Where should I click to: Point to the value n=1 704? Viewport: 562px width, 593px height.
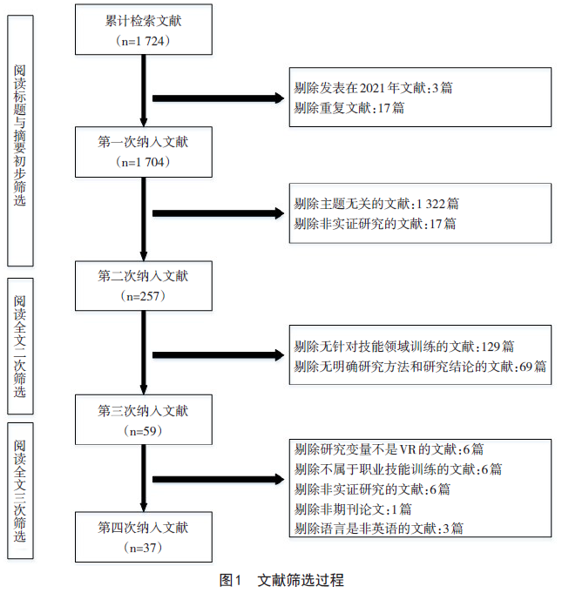[143, 162]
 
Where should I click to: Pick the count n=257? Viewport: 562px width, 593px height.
[143, 297]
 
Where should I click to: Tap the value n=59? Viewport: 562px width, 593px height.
[143, 430]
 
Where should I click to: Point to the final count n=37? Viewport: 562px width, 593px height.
[143, 548]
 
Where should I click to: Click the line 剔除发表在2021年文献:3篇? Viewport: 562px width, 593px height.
[373, 88]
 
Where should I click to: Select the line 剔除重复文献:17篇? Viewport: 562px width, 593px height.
[349, 108]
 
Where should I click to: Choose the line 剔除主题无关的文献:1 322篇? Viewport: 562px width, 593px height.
[376, 203]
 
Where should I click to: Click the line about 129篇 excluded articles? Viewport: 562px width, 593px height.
[403, 346]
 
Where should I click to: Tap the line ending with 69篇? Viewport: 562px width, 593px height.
[420, 366]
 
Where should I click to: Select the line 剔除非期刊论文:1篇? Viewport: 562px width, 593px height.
[353, 509]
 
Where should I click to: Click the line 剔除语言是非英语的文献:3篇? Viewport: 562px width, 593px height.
[379, 528]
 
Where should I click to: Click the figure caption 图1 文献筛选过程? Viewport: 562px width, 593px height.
[281, 579]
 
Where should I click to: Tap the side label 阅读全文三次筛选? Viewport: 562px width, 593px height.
[20, 492]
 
